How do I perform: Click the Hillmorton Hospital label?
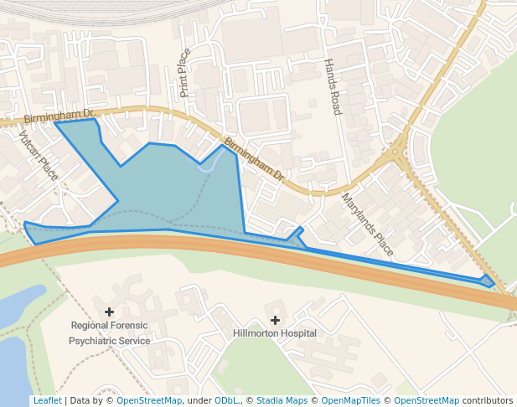click(x=274, y=333)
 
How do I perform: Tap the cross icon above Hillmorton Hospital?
click(x=275, y=320)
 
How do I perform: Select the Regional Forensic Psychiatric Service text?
click(x=110, y=333)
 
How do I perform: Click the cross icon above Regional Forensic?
click(x=109, y=312)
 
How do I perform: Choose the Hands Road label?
click(x=333, y=87)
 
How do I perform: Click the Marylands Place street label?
click(x=367, y=224)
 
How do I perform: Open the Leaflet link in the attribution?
click(x=47, y=401)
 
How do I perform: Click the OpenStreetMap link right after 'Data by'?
click(x=149, y=401)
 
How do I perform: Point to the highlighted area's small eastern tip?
click(x=488, y=281)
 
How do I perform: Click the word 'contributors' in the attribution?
click(x=488, y=401)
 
